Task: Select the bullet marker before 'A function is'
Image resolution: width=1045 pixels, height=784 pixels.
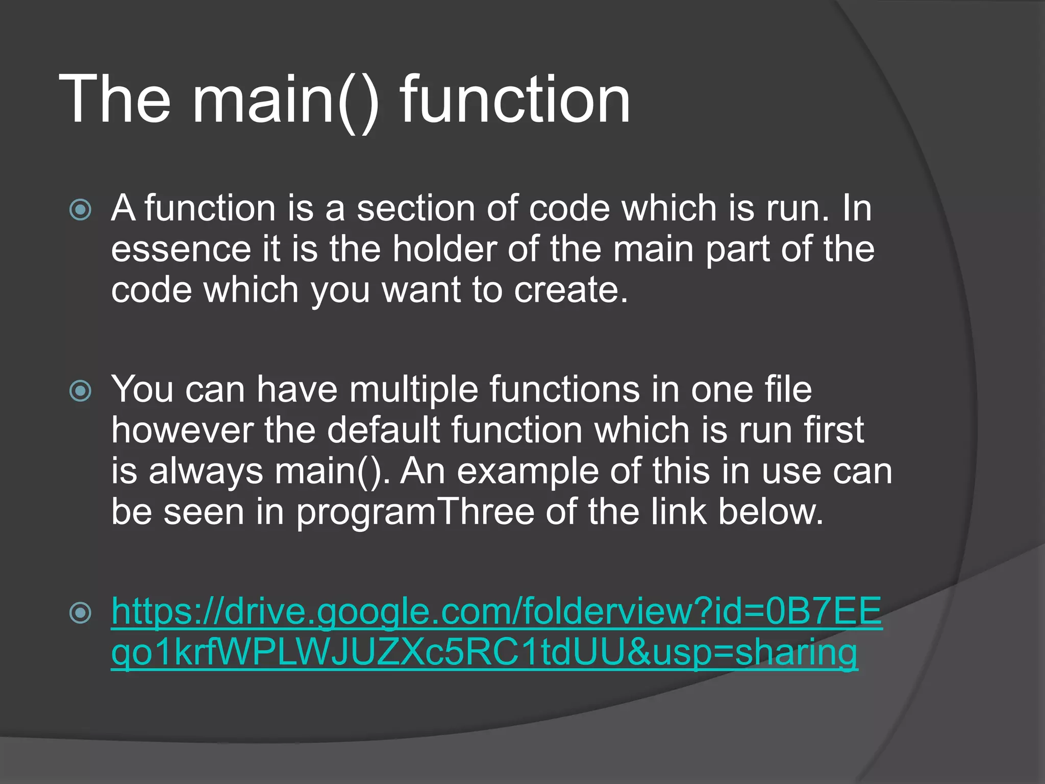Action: click(x=80, y=210)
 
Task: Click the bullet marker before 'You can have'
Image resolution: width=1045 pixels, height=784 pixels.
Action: click(x=80, y=391)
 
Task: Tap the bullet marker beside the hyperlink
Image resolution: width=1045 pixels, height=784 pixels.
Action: click(x=80, y=612)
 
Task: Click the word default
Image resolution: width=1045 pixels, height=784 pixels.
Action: click(x=383, y=430)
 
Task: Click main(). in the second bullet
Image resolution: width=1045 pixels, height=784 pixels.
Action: click(x=332, y=471)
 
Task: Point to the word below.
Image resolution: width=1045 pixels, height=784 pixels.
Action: click(x=770, y=512)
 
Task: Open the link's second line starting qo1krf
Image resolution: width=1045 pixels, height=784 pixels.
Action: click(x=484, y=653)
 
